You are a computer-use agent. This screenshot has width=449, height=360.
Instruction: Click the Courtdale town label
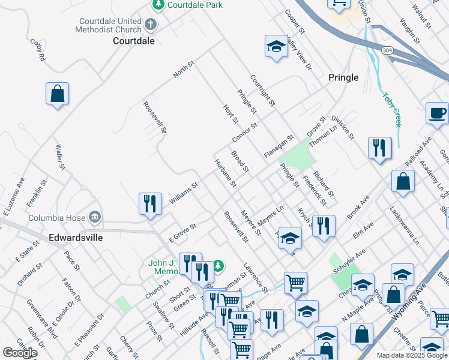[x=134, y=41]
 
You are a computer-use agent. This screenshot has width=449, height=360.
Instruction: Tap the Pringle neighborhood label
[x=343, y=77]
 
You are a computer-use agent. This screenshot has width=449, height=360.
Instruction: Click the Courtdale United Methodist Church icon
[x=150, y=25]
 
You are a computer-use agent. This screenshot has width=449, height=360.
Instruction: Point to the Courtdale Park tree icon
[x=158, y=5]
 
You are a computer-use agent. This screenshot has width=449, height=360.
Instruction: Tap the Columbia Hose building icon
[x=94, y=216]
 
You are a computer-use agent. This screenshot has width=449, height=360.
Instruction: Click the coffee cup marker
[x=437, y=113]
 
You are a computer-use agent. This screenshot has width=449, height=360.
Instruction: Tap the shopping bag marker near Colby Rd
[x=57, y=94]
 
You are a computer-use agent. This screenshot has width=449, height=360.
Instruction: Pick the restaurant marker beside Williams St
[x=150, y=203]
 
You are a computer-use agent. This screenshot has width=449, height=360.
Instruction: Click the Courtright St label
[x=262, y=91]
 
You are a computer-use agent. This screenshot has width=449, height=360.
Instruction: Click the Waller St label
[x=59, y=156]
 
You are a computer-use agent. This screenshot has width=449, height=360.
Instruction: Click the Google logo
[x=20, y=353]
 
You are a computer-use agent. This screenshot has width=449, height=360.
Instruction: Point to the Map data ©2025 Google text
[x=411, y=355]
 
